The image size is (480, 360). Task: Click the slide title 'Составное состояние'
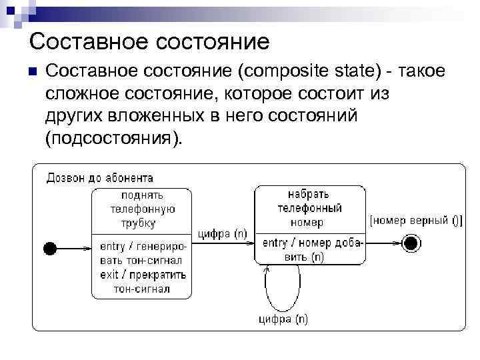click(149, 42)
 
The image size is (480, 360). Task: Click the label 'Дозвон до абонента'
click(99, 177)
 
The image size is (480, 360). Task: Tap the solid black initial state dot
click(50, 249)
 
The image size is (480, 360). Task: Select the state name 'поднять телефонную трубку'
click(142, 209)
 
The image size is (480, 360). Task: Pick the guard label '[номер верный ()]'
click(416, 220)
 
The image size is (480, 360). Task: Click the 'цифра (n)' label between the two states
click(223, 233)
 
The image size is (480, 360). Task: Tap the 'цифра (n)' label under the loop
click(283, 319)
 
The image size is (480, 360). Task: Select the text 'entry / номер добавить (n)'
click(311, 249)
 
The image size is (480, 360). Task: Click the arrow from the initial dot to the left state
click(73, 249)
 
